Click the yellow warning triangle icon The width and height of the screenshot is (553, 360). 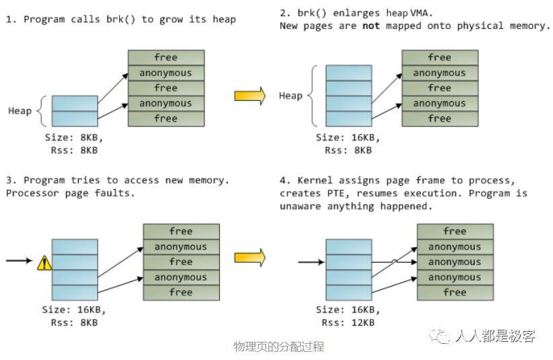(x=44, y=262)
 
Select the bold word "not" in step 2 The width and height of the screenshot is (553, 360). (x=371, y=26)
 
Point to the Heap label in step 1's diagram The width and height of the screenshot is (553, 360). (x=20, y=110)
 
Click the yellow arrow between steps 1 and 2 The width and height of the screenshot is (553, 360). (x=250, y=96)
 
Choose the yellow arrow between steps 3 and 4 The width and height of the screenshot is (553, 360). (x=250, y=256)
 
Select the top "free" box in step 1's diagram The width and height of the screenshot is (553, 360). (x=165, y=58)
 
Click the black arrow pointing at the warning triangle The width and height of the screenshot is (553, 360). (x=19, y=260)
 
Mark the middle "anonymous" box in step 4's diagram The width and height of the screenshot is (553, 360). (x=455, y=262)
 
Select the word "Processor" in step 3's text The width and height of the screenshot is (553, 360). (x=32, y=194)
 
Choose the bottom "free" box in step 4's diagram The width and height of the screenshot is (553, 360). (x=455, y=293)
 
